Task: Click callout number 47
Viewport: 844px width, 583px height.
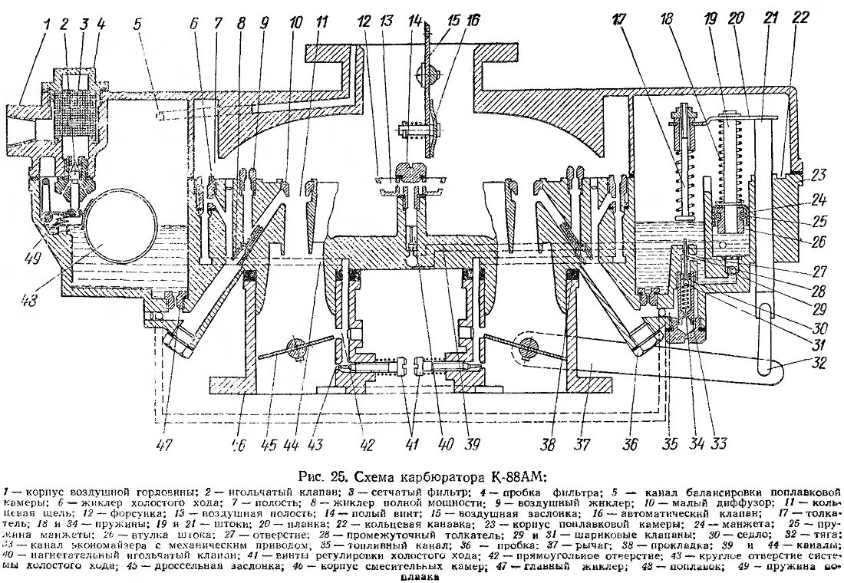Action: pos(166,443)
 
